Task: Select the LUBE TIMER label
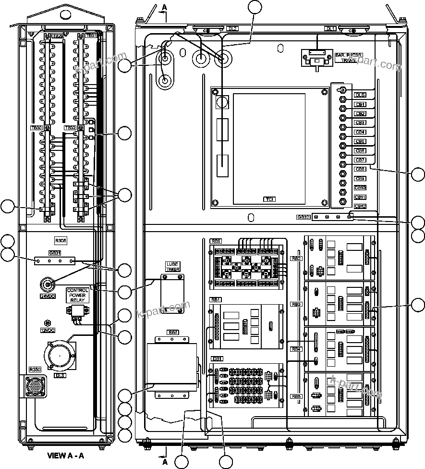tap(172, 267)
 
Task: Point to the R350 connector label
tap(35, 370)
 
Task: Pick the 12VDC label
tap(48, 331)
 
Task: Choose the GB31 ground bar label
tap(54, 253)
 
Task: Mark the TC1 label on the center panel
tap(269, 199)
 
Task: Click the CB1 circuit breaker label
tap(360, 104)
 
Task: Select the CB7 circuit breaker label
tap(360, 160)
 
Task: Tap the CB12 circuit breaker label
tap(360, 206)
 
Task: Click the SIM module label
tap(172, 332)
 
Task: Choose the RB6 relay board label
tap(216, 242)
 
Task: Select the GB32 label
tap(303, 217)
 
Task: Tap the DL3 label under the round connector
tap(60, 375)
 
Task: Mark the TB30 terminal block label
tap(36, 128)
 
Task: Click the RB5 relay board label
tap(296, 396)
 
